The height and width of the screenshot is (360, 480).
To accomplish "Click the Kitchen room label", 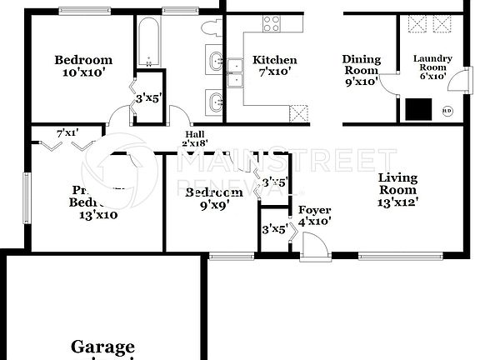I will tap(274, 67).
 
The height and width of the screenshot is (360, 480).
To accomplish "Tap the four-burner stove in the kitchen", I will tap(272, 23).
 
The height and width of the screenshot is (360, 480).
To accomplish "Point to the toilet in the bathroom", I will tap(210, 27).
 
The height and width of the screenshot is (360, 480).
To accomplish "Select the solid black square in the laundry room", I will tap(417, 109).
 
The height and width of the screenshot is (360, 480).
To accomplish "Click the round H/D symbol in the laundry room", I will tap(447, 109).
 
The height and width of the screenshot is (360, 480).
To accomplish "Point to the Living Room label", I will tap(397, 189).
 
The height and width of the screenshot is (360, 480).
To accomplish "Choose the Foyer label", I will tap(314, 216).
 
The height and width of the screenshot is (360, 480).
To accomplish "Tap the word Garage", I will tap(102, 347).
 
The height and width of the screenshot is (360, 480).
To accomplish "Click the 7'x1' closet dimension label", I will tap(67, 132).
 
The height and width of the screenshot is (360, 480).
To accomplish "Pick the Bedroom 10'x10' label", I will tap(83, 67).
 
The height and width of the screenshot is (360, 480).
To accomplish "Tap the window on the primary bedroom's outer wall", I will tap(24, 197).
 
